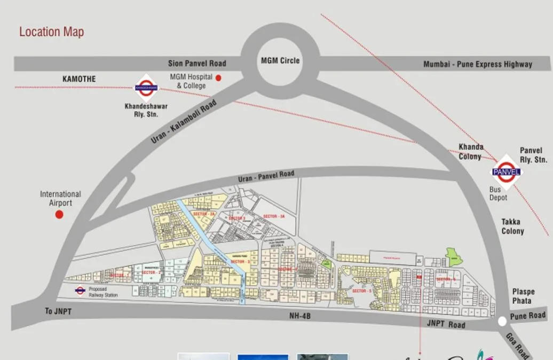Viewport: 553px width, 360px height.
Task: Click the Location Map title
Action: [x=51, y=32]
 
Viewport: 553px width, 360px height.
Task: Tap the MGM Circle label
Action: [x=280, y=60]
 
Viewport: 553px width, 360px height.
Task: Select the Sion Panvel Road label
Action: [x=197, y=63]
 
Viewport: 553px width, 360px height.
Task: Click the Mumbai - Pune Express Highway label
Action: [x=478, y=64]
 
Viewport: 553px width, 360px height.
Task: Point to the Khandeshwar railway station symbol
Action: [x=146, y=88]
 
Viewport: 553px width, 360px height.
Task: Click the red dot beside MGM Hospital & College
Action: [x=218, y=78]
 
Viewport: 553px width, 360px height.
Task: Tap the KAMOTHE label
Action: [x=79, y=79]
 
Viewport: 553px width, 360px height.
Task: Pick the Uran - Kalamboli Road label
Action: [x=184, y=122]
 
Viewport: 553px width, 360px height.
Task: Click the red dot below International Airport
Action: [x=59, y=214]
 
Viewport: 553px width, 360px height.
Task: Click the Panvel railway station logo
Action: [x=506, y=171]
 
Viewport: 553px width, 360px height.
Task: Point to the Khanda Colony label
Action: [x=471, y=151]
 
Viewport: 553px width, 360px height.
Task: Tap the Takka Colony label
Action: [x=512, y=226]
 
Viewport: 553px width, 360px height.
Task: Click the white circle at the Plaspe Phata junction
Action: [x=502, y=322]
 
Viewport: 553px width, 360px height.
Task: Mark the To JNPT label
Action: [x=59, y=311]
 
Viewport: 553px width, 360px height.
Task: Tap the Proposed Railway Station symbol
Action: [x=80, y=291]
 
